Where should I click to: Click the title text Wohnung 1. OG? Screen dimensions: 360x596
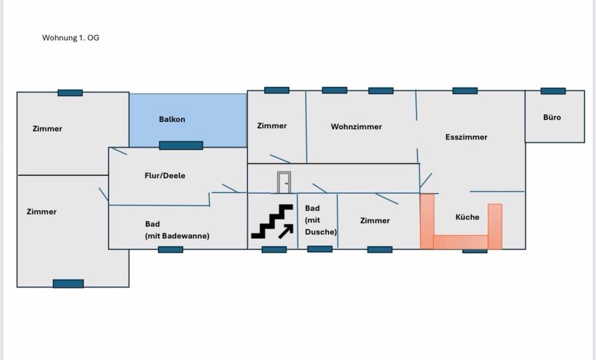coord(71,38)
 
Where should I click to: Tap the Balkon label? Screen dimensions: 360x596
coord(172,119)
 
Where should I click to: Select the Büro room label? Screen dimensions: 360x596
coord(552,117)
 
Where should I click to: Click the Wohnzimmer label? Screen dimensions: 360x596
coord(356,127)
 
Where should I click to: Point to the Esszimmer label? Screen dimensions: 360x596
coord(466,137)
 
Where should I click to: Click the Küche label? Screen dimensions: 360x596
coord(467,217)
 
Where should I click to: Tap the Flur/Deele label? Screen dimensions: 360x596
coord(165,176)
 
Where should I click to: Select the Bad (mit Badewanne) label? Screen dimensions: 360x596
coord(177,230)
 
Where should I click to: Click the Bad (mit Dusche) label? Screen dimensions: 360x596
coord(320,220)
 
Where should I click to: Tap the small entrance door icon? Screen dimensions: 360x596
coord(284,182)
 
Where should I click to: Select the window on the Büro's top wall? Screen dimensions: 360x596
coord(553,91)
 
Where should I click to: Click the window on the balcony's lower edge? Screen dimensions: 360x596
coord(181,146)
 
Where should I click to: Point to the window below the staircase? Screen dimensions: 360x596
coord(274,250)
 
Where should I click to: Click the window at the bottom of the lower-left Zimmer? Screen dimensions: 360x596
coord(68,284)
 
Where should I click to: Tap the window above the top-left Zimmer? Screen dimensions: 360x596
coord(70,93)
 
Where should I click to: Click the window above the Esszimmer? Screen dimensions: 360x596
coord(465,91)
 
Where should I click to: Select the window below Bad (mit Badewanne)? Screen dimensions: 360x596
coord(171,250)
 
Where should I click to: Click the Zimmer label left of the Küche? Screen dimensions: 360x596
coord(375,220)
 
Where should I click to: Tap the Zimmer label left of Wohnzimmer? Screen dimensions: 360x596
coord(272,126)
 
